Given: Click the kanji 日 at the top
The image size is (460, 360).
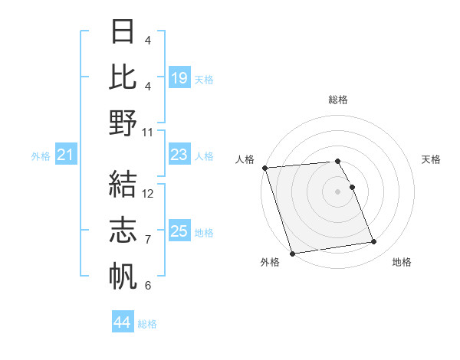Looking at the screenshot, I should (123, 33).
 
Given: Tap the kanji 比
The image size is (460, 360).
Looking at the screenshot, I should (123, 76).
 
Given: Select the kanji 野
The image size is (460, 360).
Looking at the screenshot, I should (123, 122).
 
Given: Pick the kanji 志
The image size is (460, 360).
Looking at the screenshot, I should (123, 229).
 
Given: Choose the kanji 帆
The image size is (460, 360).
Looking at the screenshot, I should (123, 275).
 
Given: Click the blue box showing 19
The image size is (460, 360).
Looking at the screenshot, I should (179, 78).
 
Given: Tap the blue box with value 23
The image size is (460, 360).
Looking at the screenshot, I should (179, 155).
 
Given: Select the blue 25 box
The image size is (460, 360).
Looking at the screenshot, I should (179, 232).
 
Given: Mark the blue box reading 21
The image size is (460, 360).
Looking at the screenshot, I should (66, 155).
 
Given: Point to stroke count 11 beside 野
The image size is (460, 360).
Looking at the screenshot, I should (149, 132).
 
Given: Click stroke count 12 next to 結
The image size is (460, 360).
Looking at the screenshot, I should (149, 193).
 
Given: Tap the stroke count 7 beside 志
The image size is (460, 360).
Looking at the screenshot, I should (148, 240).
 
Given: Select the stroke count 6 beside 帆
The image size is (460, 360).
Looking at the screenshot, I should (148, 286).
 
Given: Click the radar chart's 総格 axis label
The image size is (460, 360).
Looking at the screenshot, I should (338, 100).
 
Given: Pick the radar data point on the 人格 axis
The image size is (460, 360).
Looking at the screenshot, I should (264, 168).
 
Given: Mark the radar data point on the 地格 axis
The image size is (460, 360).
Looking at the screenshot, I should (373, 242).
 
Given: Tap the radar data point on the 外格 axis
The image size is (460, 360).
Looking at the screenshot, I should (292, 253).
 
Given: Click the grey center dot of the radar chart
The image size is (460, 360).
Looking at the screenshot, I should (337, 191).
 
